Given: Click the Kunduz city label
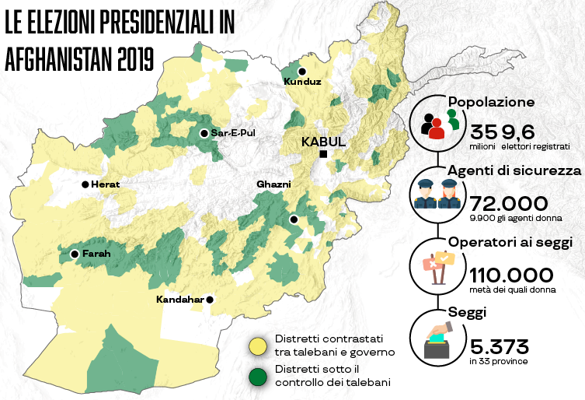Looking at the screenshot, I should pos(302,82).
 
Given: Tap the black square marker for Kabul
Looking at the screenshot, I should pos(323,155).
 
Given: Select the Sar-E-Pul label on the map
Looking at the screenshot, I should pos(233,133).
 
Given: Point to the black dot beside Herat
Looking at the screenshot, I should pos(85,184).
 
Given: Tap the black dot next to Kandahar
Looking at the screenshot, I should pos(210,300).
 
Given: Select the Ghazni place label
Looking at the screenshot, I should pos(273,184).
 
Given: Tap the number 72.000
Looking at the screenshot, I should pos(504,203).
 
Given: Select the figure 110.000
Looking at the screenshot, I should pos(511,275).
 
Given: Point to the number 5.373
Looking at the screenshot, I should pos(499,345).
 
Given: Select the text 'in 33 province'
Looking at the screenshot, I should pos(497,363).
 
